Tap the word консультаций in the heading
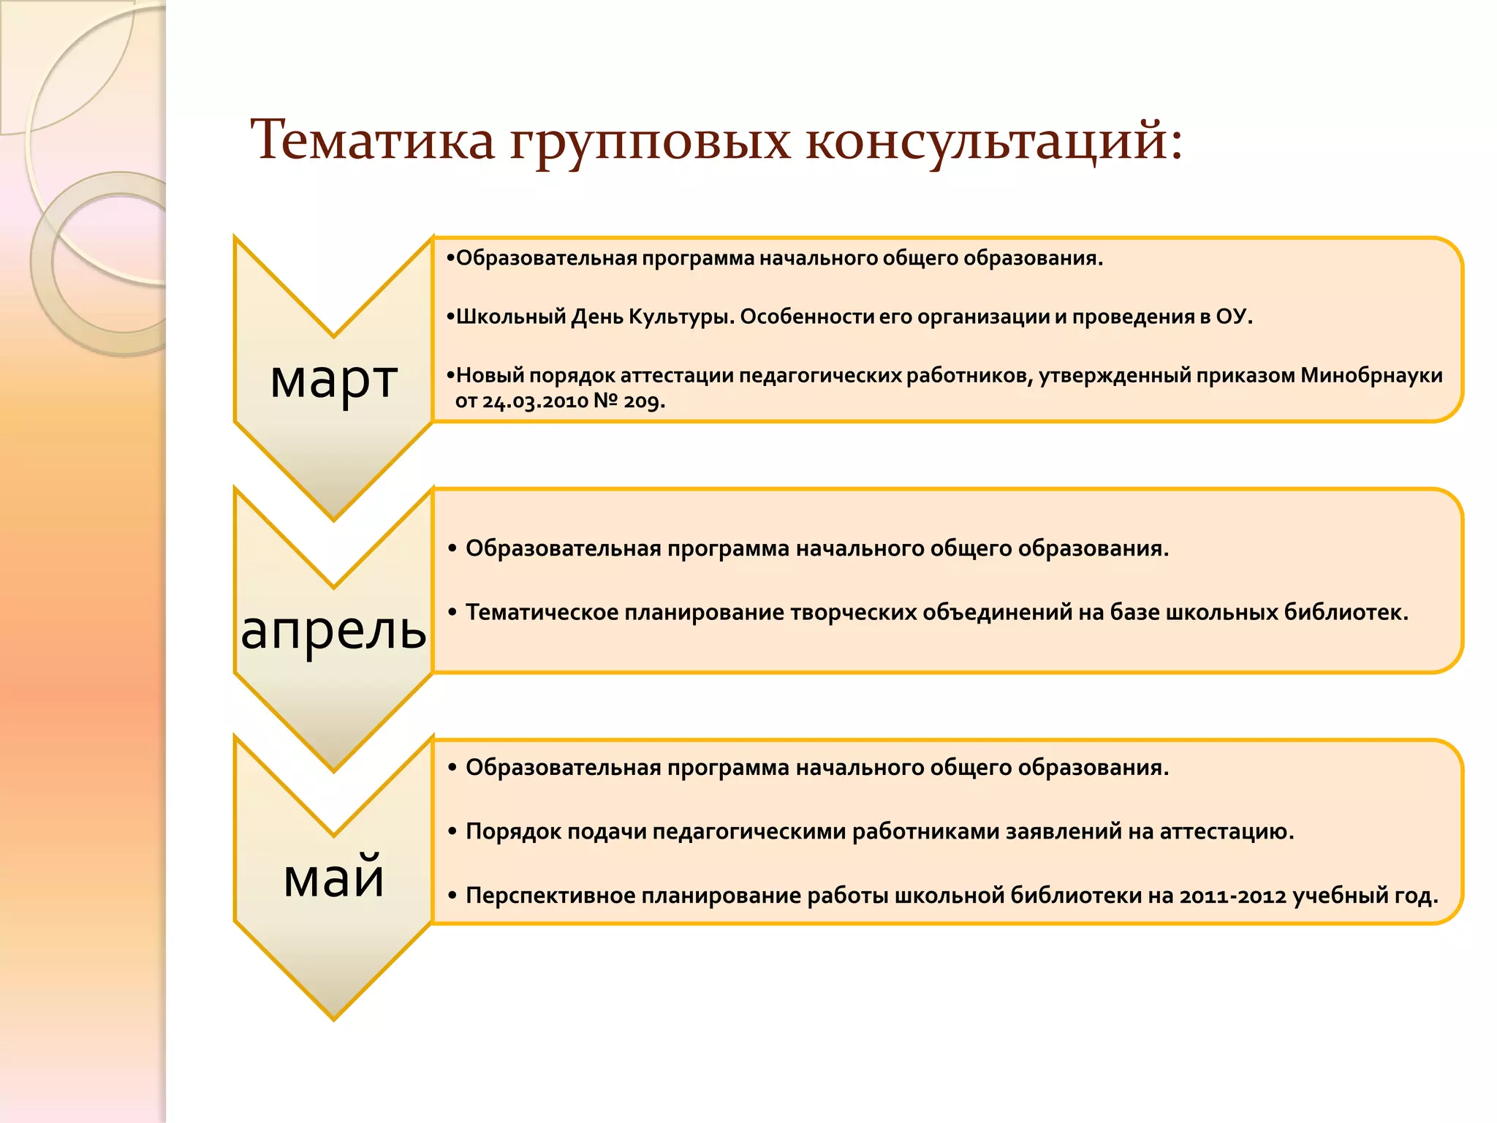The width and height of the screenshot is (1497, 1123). coord(994,140)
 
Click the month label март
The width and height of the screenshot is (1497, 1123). coord(334,380)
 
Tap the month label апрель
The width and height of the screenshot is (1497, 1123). coord(334,630)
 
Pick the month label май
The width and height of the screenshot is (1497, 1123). coord(334,877)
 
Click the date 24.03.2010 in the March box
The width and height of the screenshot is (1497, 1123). coord(535,401)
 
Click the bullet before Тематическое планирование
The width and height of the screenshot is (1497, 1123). coord(452,612)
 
